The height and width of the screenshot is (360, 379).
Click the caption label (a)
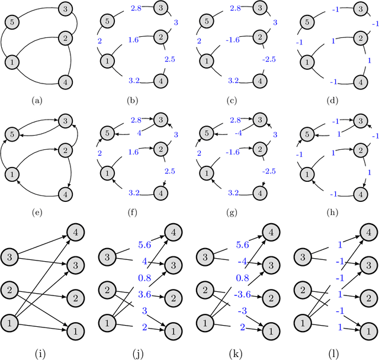(x=39, y=101)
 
